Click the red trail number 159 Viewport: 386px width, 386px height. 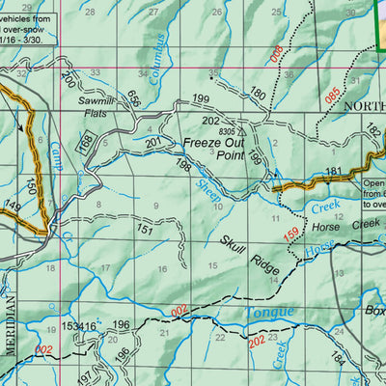pos(290,232)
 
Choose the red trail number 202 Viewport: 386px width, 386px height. pos(257,340)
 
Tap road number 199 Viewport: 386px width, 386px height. pos(200,99)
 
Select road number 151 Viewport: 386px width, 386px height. pos(144,230)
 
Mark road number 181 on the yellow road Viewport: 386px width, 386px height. pos(333,172)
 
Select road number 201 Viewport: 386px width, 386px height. pos(152,142)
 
